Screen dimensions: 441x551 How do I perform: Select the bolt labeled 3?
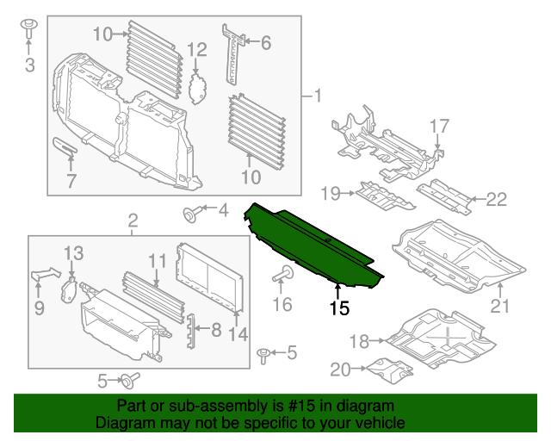(28, 28)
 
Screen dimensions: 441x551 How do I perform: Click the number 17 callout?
(439, 127)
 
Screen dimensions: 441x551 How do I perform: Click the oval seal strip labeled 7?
(65, 149)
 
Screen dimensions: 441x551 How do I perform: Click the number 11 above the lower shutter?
(156, 259)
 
